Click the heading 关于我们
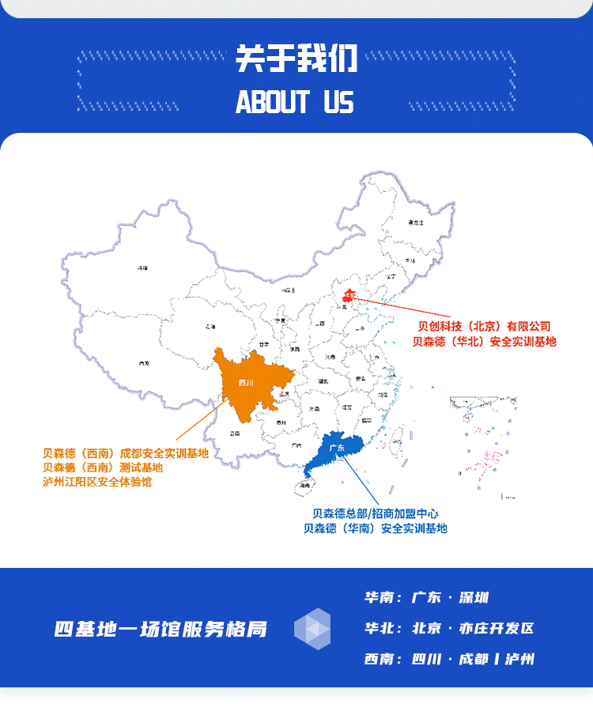pyautogui.click(x=296, y=59)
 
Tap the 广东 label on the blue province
pyautogui.click(x=336, y=449)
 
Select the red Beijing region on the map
pyautogui.click(x=349, y=297)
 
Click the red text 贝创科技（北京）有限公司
pyautogui.click(x=484, y=326)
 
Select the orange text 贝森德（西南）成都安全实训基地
pyautogui.click(x=126, y=453)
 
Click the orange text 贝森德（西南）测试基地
pyautogui.click(x=103, y=467)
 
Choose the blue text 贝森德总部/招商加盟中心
pyautogui.click(x=376, y=513)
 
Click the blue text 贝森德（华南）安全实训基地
pyautogui.click(x=376, y=528)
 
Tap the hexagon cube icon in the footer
pyautogui.click(x=312, y=629)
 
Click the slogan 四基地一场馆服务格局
pyautogui.click(x=161, y=630)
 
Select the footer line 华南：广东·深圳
pyautogui.click(x=426, y=598)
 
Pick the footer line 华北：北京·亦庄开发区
pyautogui.click(x=449, y=629)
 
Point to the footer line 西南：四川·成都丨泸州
pyautogui.click(x=449, y=659)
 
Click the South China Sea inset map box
pyautogui.click(x=483, y=447)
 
